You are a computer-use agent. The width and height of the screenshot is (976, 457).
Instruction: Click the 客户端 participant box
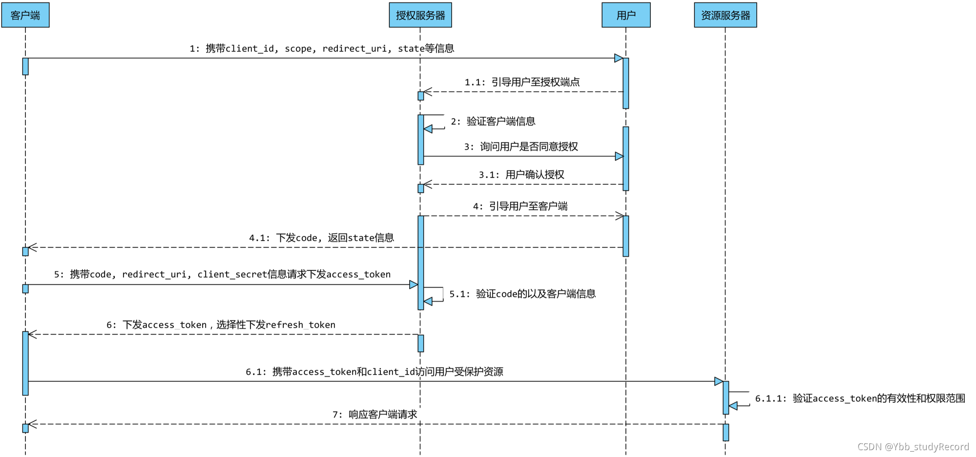coord(25,15)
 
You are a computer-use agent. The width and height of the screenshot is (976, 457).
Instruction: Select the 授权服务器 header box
coord(420,15)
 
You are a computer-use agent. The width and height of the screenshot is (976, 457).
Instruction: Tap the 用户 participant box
coord(625,15)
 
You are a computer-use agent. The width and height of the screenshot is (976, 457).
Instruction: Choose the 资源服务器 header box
coord(725,15)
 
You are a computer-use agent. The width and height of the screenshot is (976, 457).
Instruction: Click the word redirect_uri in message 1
coord(354,48)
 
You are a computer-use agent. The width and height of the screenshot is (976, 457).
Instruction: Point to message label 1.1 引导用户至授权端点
coord(522,82)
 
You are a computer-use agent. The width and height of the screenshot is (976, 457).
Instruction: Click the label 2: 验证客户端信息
coord(493,121)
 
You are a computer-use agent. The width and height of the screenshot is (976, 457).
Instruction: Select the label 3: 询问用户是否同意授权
coord(520,147)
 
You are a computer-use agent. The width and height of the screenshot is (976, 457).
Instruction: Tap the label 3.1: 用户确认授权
coord(521,174)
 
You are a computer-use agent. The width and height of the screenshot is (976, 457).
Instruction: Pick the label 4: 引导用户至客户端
coord(520,206)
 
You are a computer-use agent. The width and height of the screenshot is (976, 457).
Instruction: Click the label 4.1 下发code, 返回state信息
coord(321,238)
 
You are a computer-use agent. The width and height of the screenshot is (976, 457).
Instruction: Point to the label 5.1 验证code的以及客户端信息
coord(522,294)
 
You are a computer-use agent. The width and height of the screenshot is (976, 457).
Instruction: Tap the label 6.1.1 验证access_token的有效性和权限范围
coord(860,398)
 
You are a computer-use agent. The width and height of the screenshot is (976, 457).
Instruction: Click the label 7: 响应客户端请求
coord(374,414)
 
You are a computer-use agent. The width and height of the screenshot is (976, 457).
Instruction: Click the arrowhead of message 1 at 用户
coord(619,58)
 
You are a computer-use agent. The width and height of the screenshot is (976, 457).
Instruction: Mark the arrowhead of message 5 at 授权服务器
coord(414,284)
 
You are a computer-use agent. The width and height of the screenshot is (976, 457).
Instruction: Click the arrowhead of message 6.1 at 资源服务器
coord(718,381)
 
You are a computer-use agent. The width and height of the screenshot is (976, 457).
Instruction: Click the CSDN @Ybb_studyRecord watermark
coord(913,447)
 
